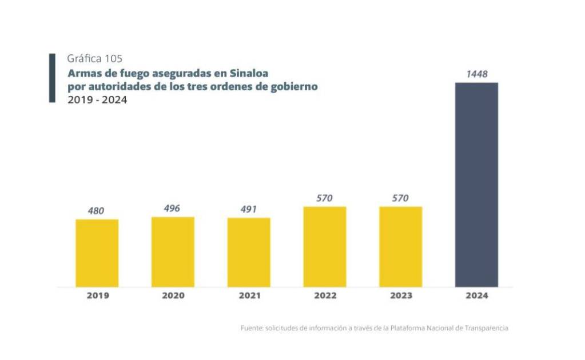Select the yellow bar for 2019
[97, 253]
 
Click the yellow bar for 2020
[173, 251]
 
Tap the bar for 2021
[249, 252]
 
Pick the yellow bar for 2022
[325, 246]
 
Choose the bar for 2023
[400, 246]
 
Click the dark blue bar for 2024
[476, 185]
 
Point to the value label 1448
[476, 74]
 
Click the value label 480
[96, 211]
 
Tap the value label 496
[172, 209]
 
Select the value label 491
[249, 209]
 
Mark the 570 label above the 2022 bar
[325, 198]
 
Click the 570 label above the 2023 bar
[400, 198]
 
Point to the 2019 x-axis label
[98, 296]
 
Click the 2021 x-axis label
[249, 296]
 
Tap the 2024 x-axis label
[477, 296]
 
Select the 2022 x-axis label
[325, 296]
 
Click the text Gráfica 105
[94, 58]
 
